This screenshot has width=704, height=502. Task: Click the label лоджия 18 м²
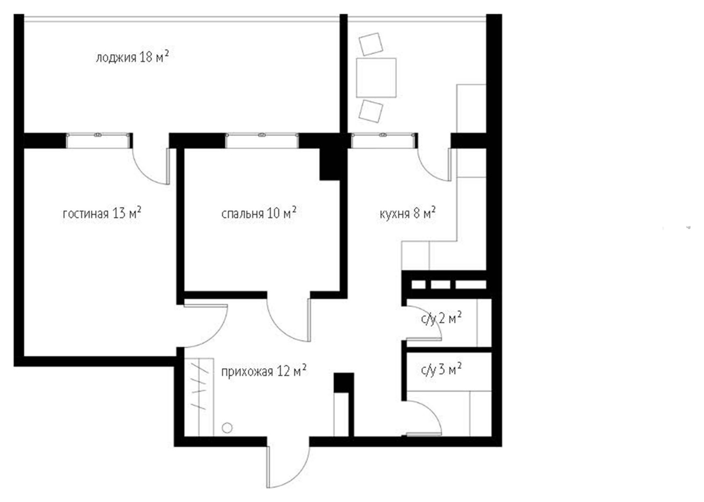pyautogui.click(x=132, y=58)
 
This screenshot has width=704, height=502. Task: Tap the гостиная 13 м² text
pyautogui.click(x=102, y=214)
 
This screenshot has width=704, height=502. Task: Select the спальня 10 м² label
pyautogui.click(x=259, y=214)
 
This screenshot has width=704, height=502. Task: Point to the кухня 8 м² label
pyautogui.click(x=407, y=214)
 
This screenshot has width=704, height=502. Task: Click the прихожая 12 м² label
pyautogui.click(x=264, y=372)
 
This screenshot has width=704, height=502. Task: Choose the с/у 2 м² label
pyautogui.click(x=441, y=319)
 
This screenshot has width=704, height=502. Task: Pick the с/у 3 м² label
pyautogui.click(x=441, y=370)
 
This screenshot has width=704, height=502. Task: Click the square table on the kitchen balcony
pyautogui.click(x=376, y=78)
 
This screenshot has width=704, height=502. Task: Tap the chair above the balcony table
pyautogui.click(x=371, y=44)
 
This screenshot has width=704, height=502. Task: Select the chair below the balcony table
pyautogui.click(x=371, y=111)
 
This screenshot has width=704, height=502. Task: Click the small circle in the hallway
pyautogui.click(x=227, y=428)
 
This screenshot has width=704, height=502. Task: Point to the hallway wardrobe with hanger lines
pyautogui.click(x=199, y=397)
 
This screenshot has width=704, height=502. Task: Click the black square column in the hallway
pyautogui.click(x=344, y=383)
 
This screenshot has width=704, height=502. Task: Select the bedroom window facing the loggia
pyautogui.click(x=262, y=140)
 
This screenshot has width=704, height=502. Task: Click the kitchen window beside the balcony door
pyautogui.click(x=383, y=140)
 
